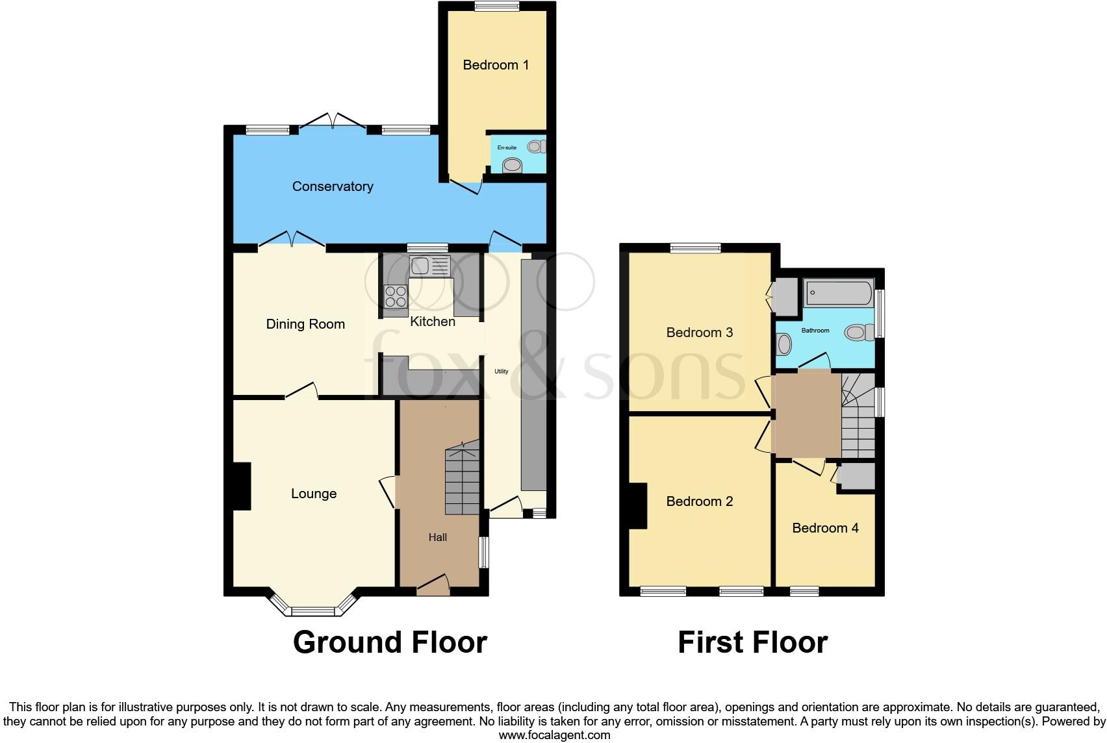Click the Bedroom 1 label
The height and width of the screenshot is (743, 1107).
pyautogui.click(x=495, y=65)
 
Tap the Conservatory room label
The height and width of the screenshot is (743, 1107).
pyautogui.click(x=333, y=187)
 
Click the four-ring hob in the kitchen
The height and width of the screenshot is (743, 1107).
pyautogui.click(x=396, y=297)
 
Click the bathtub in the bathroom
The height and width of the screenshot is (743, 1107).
pyautogui.click(x=838, y=294)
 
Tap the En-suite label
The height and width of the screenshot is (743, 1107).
pyautogui.click(x=507, y=148)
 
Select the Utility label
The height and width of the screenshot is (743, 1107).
pyautogui.click(x=501, y=371)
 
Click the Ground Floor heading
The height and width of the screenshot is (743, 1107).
pyautogui.click(x=390, y=642)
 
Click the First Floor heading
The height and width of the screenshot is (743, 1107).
pyautogui.click(x=752, y=642)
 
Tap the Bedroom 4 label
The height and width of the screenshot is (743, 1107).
pyautogui.click(x=825, y=528)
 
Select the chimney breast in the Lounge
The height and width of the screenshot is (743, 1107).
pyautogui.click(x=242, y=486)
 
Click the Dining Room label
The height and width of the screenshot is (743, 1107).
pyautogui.click(x=305, y=324)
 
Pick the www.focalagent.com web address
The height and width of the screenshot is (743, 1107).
pyautogui.click(x=554, y=736)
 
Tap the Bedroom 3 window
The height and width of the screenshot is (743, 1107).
pyautogui.click(x=696, y=247)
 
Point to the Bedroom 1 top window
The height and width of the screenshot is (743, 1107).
pyautogui.click(x=496, y=6)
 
